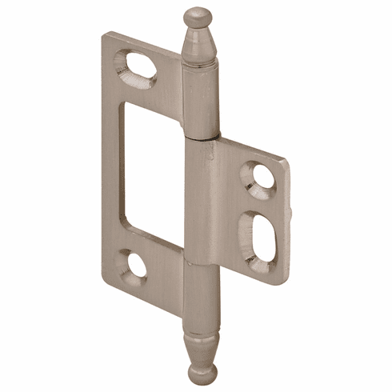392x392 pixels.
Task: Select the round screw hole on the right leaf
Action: tap(258, 178)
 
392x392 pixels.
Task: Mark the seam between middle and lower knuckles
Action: tap(200, 262)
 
